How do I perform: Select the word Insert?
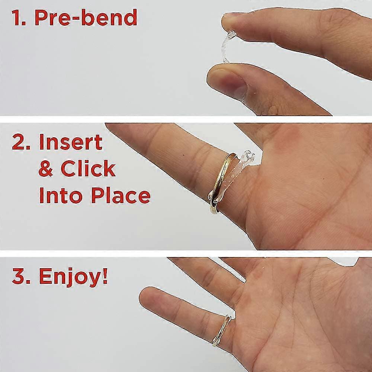point(71,142)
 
